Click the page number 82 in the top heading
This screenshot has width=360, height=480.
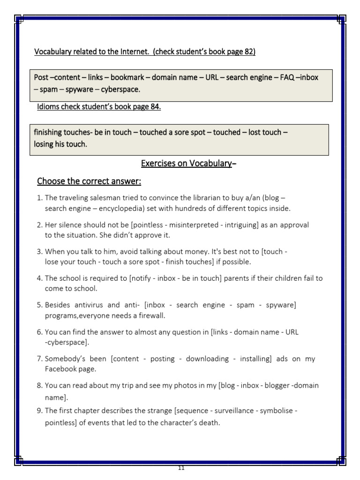coord(249,52)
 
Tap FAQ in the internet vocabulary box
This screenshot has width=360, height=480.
coord(287,77)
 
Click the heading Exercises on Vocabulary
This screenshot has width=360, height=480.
coord(187,163)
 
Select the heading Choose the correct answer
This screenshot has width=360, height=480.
coord(89,181)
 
